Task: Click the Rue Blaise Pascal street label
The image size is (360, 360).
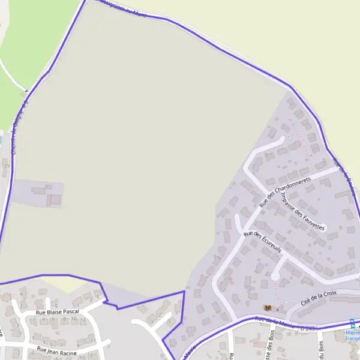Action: pyautogui.click(x=57, y=313)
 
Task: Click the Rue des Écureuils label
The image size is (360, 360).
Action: pyautogui.click(x=259, y=241)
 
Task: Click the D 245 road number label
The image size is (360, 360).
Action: pyautogui.click(x=307, y=327)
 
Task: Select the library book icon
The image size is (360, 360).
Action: pyautogui.click(x=267, y=308)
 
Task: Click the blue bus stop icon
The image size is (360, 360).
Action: pyautogui.click(x=352, y=322)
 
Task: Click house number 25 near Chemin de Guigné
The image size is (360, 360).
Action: pyautogui.click(x=7, y=166)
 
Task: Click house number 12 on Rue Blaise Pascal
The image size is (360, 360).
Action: pyautogui.click(x=83, y=320)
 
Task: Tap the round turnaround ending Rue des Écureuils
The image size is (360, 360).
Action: pyautogui.click(x=275, y=277)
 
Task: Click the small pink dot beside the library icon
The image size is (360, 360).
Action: pyautogui.click(x=277, y=309)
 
